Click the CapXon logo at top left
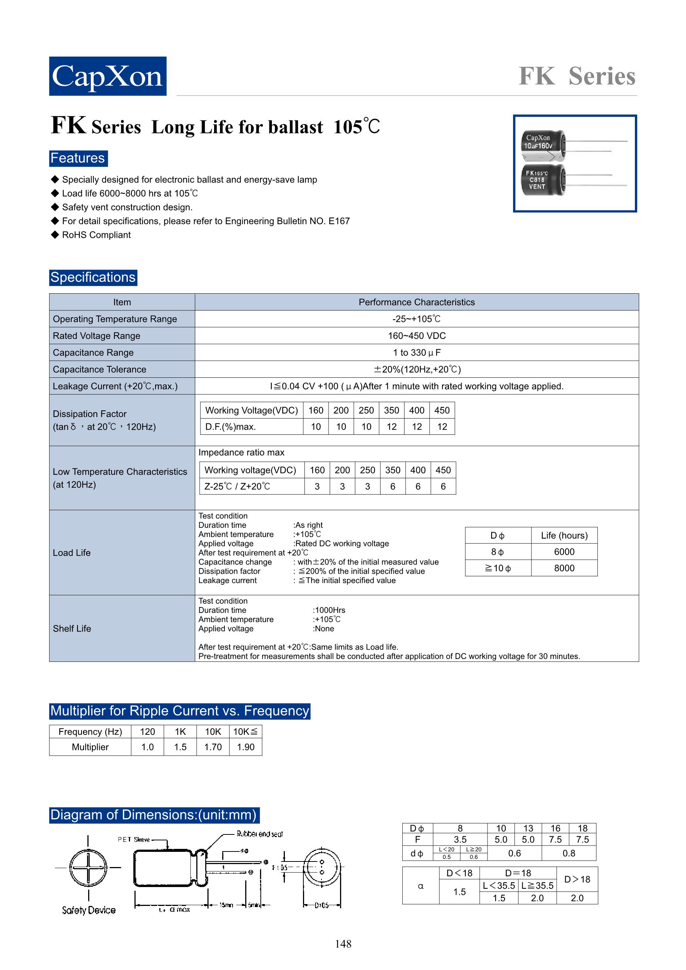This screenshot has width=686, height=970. click(108, 76)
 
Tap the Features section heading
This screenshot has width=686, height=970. click(78, 159)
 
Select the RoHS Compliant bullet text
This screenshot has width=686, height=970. click(96, 235)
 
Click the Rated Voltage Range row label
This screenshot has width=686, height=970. click(96, 336)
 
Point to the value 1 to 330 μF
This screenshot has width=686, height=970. click(416, 353)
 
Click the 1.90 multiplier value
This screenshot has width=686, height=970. click(246, 747)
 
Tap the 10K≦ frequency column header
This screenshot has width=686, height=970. click(246, 732)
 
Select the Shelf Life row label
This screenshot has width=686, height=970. click(72, 629)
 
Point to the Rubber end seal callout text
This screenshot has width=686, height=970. click(259, 834)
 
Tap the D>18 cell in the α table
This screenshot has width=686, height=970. click(577, 879)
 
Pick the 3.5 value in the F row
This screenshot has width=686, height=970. click(460, 840)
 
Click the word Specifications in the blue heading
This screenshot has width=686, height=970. click(93, 277)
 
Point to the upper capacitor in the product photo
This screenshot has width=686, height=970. click(544, 146)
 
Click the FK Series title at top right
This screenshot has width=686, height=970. click(577, 76)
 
